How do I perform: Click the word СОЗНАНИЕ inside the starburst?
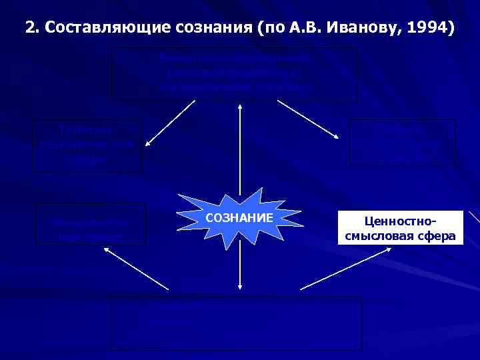coord(239,218)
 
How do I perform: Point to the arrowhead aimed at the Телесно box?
coord(147,142)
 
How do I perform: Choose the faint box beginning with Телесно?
coord(90,145)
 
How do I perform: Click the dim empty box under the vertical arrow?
coord(236,323)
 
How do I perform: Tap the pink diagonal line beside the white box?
coord(474,219)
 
